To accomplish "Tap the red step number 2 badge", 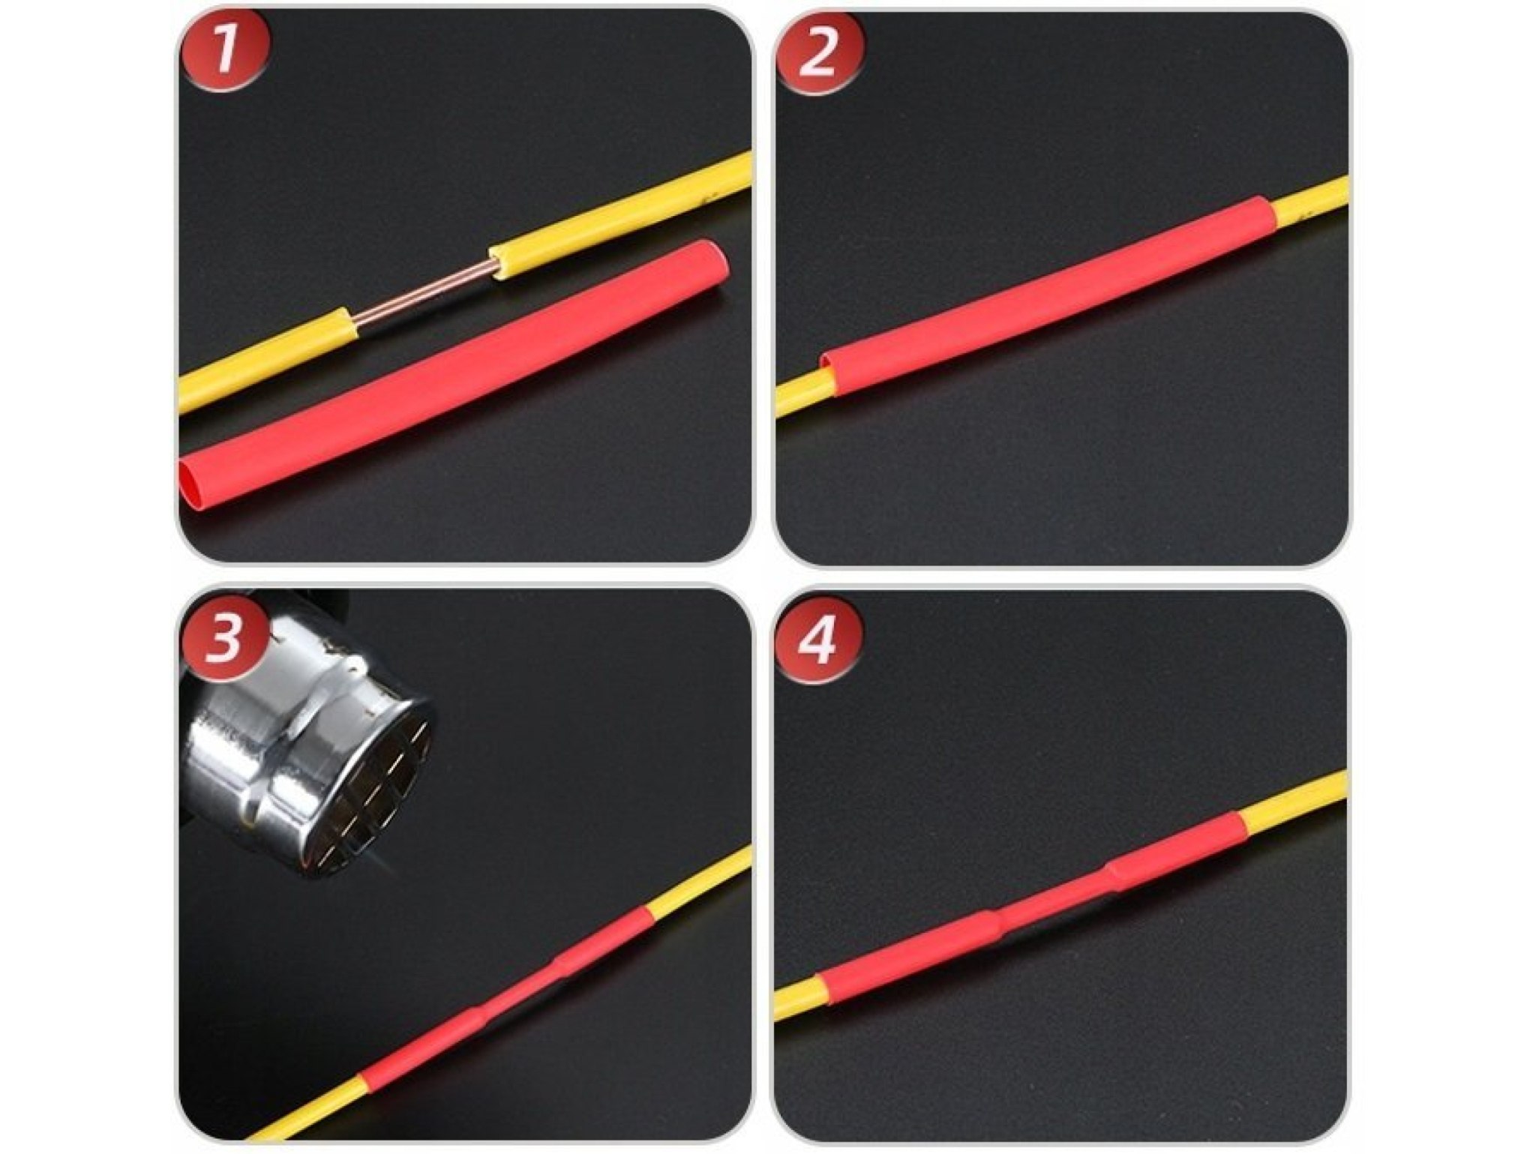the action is click(x=818, y=53).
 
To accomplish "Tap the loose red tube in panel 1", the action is click(x=454, y=379).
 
